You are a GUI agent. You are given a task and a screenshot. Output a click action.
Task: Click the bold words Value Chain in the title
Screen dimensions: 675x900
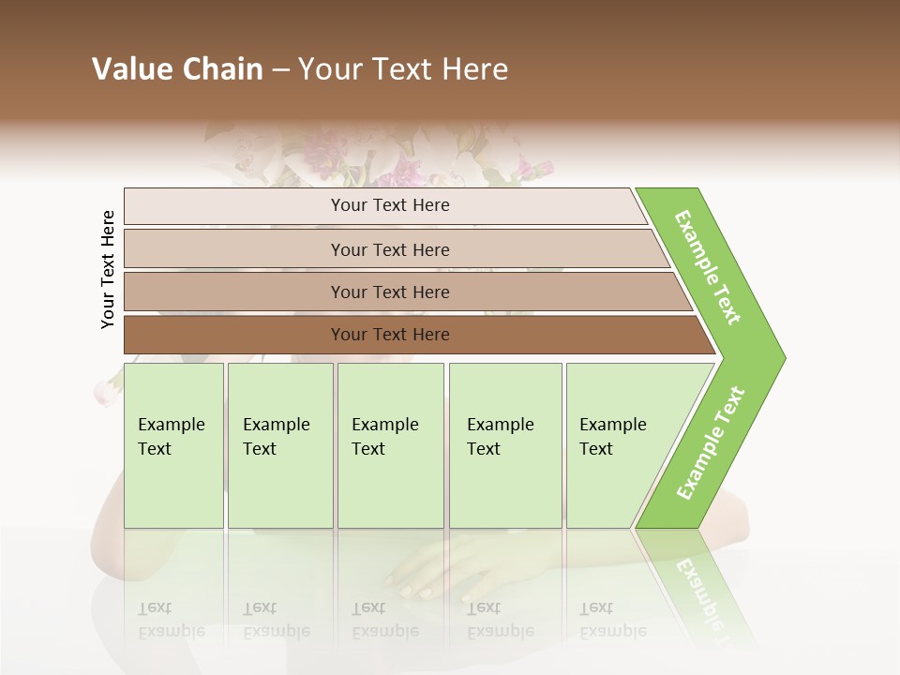[177, 69]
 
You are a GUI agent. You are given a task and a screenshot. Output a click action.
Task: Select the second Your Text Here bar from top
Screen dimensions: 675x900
[389, 249]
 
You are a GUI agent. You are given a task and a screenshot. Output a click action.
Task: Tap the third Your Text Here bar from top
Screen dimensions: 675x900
[389, 292]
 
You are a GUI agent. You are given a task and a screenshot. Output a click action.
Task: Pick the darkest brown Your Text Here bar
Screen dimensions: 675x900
[389, 335]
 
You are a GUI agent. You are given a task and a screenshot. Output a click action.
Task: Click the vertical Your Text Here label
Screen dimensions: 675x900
[108, 269]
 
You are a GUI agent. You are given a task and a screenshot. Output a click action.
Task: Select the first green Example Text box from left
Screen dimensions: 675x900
[173, 445]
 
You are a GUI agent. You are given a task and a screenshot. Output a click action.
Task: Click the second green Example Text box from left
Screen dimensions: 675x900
[280, 445]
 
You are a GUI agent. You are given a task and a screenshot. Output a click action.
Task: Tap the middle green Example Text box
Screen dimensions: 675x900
[390, 445]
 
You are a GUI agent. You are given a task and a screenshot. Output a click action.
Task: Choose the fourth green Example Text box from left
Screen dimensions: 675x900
[505, 445]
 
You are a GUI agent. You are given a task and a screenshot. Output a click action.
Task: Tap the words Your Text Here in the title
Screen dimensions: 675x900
[403, 69]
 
